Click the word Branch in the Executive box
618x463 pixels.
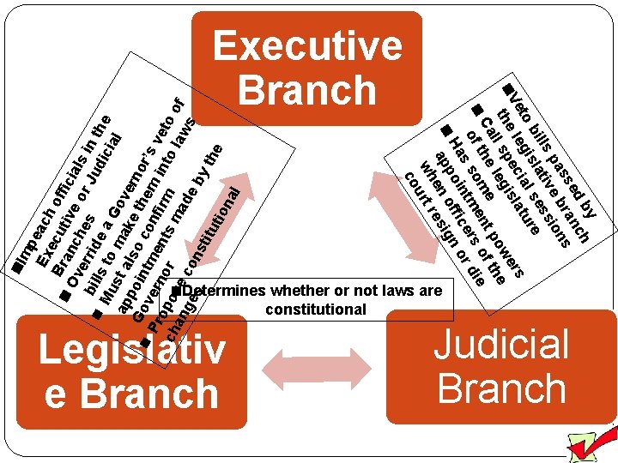coord(307,88)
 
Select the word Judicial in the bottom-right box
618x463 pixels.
coord(501,345)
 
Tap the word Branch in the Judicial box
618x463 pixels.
coord(501,388)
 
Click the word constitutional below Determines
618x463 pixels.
coord(316,310)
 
